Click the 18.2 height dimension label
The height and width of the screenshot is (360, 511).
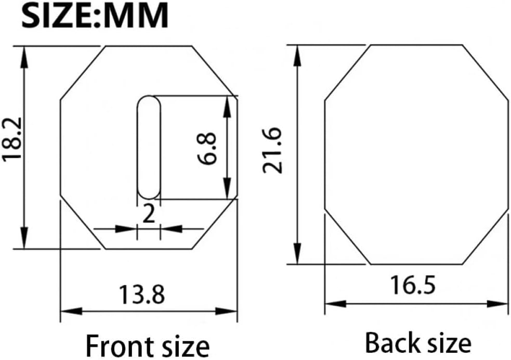point(12,138)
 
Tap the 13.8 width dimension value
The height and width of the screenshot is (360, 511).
point(142,294)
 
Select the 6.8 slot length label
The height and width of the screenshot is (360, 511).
point(207,148)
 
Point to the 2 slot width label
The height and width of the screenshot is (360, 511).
point(149,214)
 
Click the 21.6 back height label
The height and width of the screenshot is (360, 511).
point(272,150)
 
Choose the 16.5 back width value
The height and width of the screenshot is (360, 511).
point(413,285)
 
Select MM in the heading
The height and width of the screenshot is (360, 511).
point(136,15)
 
